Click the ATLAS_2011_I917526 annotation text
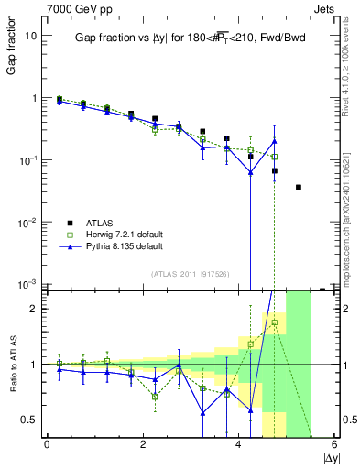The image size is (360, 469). point(190,274)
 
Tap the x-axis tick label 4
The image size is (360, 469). point(239,443)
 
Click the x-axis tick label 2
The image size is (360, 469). point(143,443)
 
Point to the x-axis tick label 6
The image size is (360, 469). point(334,443)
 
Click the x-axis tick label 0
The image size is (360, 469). point(47,443)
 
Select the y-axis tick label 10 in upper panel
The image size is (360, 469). point(31,35)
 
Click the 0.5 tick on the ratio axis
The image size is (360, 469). point(29,420)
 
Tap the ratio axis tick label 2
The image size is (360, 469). point(34,309)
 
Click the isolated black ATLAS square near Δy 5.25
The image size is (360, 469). point(299,187)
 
